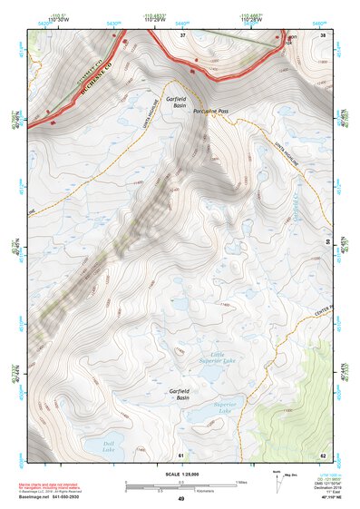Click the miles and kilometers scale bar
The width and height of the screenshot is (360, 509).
[180, 485]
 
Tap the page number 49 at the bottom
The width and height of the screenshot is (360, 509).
[180, 500]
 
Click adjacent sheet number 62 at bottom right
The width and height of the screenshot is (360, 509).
[322, 454]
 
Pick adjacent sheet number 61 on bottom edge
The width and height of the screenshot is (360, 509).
[180, 454]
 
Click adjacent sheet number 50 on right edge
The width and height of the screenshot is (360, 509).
[326, 242]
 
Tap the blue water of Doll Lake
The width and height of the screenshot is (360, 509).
[93, 442]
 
